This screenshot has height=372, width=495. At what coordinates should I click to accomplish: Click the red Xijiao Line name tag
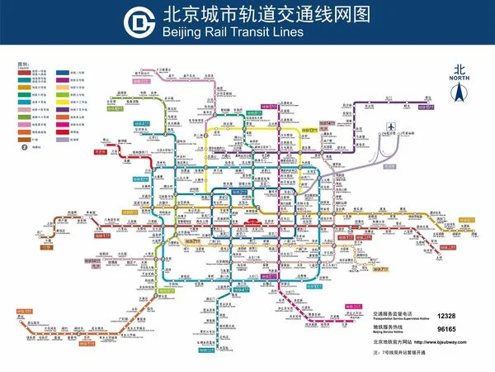click(x=101, y=152)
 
